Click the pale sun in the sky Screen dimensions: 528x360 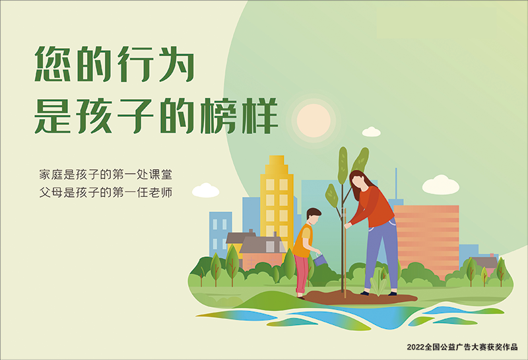[313, 120]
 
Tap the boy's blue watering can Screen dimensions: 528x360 [320, 260]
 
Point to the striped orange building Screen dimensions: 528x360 [426, 240]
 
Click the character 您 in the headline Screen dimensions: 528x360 [53, 64]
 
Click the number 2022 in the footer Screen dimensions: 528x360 [416, 347]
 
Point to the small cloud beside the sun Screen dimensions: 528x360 [371, 132]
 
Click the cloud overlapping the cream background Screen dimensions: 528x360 [205, 190]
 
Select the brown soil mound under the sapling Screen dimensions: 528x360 [360, 297]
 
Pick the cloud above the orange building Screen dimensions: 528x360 [440, 185]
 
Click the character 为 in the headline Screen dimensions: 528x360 [176, 64]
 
